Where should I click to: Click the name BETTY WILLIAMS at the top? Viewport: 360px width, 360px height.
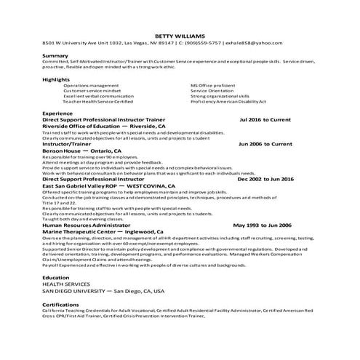[180, 35]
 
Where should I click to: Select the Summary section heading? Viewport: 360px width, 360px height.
[55, 56]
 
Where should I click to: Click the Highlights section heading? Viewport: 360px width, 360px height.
[57, 79]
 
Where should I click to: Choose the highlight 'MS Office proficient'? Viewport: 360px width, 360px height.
[213, 84]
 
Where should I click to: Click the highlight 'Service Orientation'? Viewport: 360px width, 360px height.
[212, 90]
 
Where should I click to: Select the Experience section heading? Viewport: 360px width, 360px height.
[57, 113]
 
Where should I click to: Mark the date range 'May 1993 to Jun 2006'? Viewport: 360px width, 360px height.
[261, 225]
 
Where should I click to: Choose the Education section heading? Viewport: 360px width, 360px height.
[56, 278]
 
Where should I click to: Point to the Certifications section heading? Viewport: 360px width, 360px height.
[60, 304]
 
